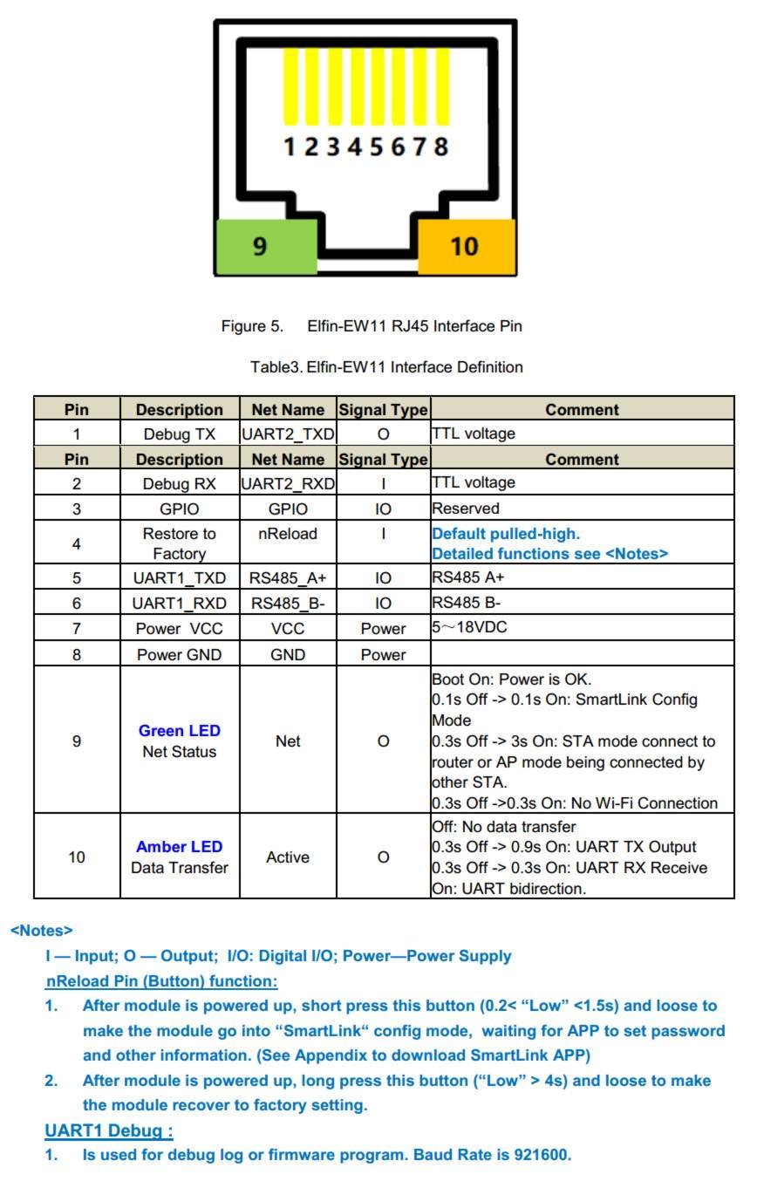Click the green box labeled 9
266,247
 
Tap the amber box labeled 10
467,246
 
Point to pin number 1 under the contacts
290,146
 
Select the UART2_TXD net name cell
288,434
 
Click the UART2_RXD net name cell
288,482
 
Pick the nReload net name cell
288,534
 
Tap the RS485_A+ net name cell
288,577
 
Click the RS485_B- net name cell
288,603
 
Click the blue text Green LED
180,731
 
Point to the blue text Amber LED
180,847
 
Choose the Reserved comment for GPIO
466,508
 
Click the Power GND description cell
180,654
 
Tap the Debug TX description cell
180,434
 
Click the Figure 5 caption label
253,327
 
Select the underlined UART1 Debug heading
109,1131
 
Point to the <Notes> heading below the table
42,931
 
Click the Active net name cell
288,857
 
